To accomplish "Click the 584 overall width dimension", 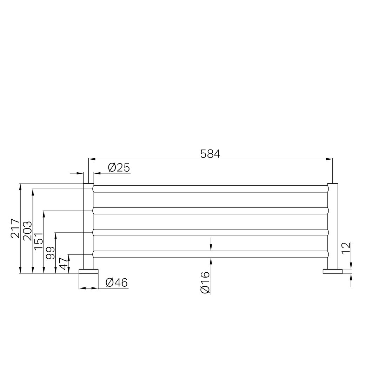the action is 210,154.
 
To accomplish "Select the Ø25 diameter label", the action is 119,167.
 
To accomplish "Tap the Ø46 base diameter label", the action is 117,282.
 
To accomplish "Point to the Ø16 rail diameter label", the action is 205,282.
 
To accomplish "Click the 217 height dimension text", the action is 15,228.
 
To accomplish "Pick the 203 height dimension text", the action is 27,231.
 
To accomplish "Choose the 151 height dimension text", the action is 39,241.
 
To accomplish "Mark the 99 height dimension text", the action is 50,253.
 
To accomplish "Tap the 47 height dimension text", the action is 63,264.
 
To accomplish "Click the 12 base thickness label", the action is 346,248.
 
